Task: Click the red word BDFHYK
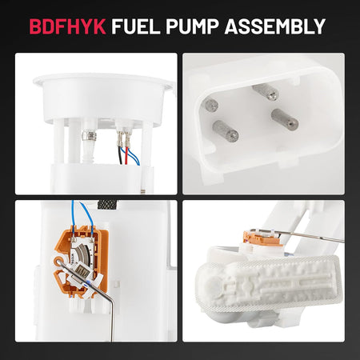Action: pos(67,26)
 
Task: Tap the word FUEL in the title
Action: pos(136,26)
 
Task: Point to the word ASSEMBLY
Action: pos(275,26)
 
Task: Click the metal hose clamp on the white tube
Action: pos(90,135)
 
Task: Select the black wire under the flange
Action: pos(121,150)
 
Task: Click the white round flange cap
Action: pos(102,98)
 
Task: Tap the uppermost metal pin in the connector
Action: pos(266,92)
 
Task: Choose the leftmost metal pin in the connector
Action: pos(210,105)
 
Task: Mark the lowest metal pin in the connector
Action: pos(226,130)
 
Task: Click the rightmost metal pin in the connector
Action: pos(285,119)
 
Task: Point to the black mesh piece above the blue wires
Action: pos(107,205)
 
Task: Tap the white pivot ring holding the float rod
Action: pos(59,261)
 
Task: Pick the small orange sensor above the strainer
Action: pos(262,238)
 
